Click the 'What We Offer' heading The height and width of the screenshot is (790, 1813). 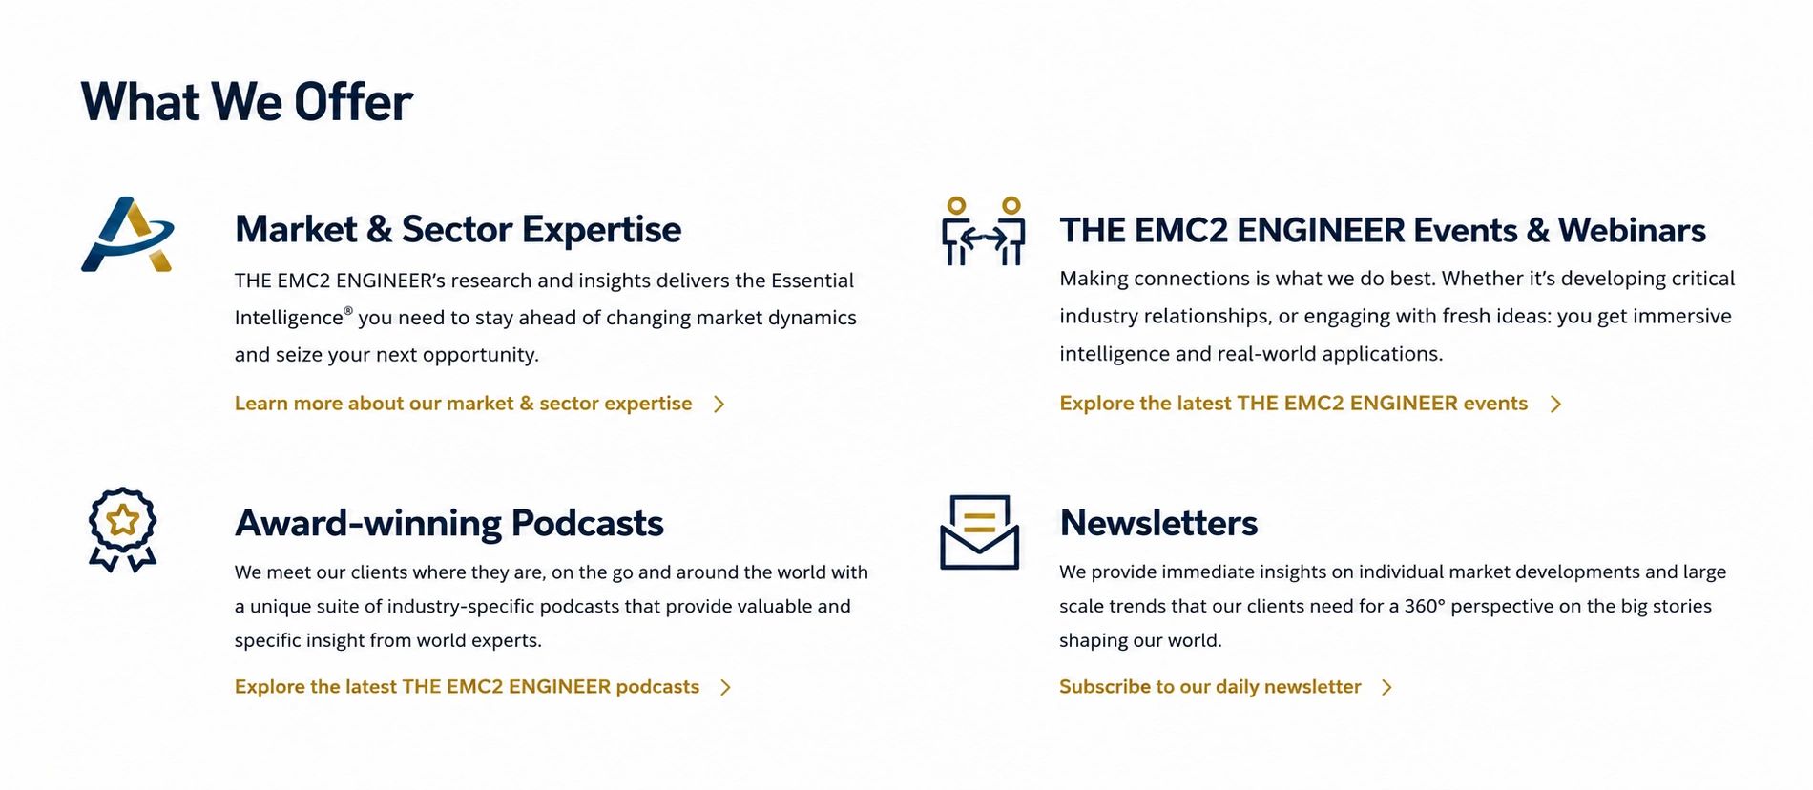tap(247, 102)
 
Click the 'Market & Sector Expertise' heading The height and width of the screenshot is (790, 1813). tap(458, 230)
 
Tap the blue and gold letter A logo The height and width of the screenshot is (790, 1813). tap(127, 235)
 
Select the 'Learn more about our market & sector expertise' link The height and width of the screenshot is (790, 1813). tap(463, 404)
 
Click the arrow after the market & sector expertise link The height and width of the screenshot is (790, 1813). tap(719, 405)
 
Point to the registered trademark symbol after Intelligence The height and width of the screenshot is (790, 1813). tap(348, 311)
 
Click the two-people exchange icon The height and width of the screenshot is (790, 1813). tap(983, 231)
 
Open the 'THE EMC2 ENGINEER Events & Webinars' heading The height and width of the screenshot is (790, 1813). tap(1383, 230)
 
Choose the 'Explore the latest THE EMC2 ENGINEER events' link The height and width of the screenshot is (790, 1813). tap(1293, 404)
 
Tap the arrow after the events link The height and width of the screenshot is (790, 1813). tap(1556, 405)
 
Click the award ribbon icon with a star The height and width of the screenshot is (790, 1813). tap(122, 530)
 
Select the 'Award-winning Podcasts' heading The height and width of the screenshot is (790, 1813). tap(448, 523)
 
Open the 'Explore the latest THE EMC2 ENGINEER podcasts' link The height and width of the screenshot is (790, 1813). tap(467, 687)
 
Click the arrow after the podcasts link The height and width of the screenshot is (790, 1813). tap(726, 688)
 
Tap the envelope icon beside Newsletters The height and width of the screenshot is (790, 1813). tap(980, 531)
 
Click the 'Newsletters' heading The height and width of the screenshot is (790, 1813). tap(1158, 523)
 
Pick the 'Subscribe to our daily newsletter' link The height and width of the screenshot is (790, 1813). tap(1210, 687)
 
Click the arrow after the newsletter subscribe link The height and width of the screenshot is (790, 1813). tap(1387, 688)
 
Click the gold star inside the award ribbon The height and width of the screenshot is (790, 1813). tap(122, 521)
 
